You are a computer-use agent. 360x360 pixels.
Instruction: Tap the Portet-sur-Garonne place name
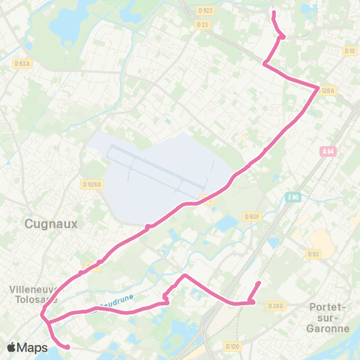[328, 317]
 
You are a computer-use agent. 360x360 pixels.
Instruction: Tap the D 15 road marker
[349, 51]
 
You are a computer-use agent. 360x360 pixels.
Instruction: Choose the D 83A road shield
[22, 63]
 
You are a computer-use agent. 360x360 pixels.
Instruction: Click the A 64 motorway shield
[327, 151]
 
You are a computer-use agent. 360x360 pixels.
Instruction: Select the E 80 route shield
[292, 197]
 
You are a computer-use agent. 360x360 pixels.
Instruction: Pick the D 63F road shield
[252, 217]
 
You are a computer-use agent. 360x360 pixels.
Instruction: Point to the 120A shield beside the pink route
[326, 91]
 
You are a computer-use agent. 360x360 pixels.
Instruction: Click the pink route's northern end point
[273, 13]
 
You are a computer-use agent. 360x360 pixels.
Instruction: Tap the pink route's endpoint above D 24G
[259, 283]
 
